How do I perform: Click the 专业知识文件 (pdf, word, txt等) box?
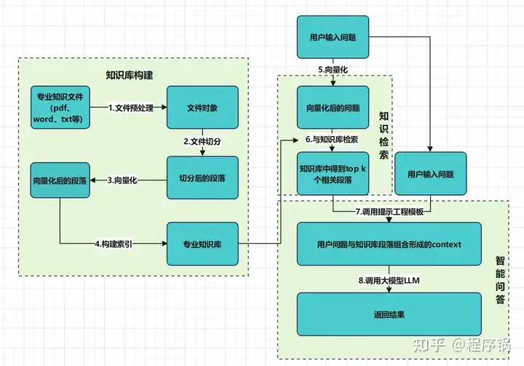point(60,108)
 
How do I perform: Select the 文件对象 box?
point(202,108)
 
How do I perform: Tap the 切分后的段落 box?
point(202,178)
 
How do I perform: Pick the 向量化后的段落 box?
point(60,179)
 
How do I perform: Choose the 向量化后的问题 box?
point(333,108)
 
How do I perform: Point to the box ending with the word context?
point(389,244)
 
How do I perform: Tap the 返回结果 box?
point(389,315)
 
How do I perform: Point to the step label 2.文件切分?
point(202,141)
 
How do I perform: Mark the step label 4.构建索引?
point(114,243)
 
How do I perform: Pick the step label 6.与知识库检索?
point(333,138)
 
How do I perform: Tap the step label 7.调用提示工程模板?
point(389,211)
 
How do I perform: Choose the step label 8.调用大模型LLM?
point(389,279)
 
